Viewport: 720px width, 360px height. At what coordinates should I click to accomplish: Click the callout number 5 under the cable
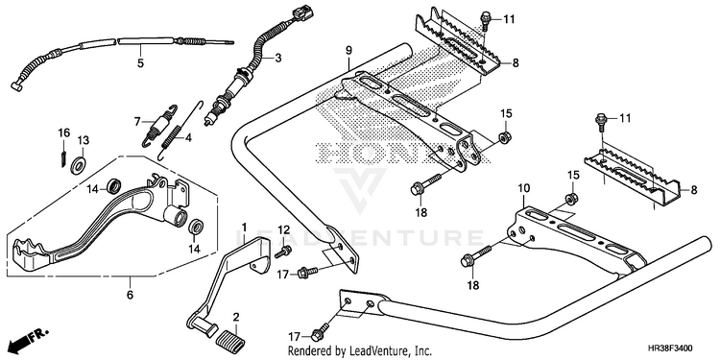click(x=140, y=63)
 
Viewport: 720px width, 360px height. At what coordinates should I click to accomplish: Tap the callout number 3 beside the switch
click(x=277, y=58)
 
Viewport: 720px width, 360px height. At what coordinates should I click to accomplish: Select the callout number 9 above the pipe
click(x=348, y=50)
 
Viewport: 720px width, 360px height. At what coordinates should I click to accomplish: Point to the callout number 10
click(x=524, y=188)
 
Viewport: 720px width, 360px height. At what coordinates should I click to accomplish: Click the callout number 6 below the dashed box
click(x=130, y=295)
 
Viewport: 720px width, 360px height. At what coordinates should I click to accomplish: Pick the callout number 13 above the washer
click(x=84, y=139)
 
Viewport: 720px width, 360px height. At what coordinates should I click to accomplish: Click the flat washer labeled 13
click(x=78, y=164)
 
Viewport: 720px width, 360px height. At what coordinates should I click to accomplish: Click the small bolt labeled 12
click(x=283, y=252)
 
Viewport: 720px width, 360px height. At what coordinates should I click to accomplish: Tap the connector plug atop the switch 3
click(x=302, y=13)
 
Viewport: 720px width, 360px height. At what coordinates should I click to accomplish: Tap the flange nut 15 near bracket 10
click(x=572, y=200)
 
